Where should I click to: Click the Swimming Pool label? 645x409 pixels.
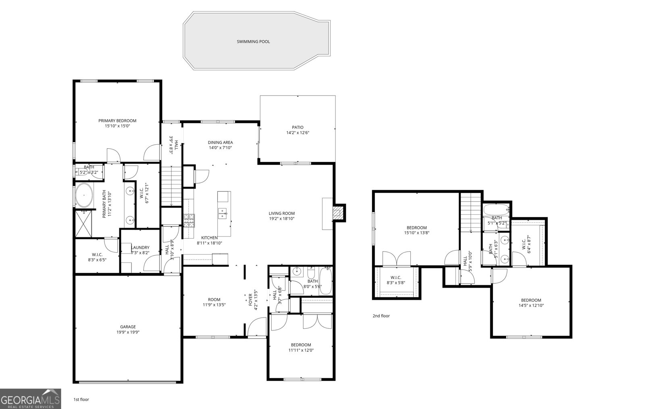click(x=253, y=42)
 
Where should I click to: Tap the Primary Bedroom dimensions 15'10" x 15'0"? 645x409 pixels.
click(x=117, y=126)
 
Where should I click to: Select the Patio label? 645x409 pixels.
click(x=298, y=127)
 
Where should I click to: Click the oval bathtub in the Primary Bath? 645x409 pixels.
click(x=84, y=195)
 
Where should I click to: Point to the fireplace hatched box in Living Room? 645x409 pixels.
click(x=338, y=213)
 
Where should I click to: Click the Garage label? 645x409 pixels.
click(x=128, y=327)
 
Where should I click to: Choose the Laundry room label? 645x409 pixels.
click(x=140, y=247)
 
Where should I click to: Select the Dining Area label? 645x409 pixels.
click(x=220, y=142)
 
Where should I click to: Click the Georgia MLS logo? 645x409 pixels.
click(x=30, y=399)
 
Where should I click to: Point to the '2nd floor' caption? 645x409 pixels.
click(x=381, y=316)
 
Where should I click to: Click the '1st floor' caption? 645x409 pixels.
click(x=81, y=400)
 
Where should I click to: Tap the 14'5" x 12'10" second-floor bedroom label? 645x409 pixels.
click(x=531, y=303)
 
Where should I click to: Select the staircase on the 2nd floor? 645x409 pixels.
click(x=471, y=212)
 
